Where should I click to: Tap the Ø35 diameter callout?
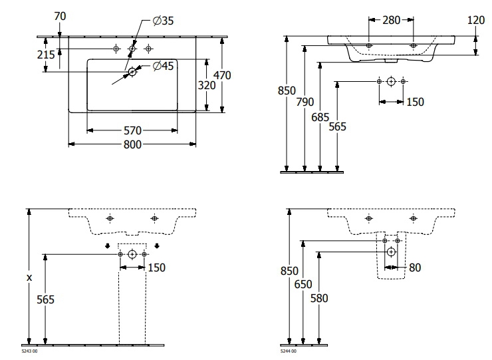tap(162, 21)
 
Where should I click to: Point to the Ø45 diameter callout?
tap(163, 65)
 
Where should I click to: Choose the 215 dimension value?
tap(45, 55)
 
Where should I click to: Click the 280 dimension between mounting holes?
tap(391, 20)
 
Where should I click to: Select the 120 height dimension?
tap(475, 20)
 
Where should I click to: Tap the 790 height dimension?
tap(305, 102)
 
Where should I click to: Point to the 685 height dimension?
tap(320, 114)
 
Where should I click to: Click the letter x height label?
tap(29, 277)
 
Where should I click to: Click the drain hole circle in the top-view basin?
tap(132, 72)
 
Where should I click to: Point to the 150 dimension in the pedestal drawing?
tap(157, 268)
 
